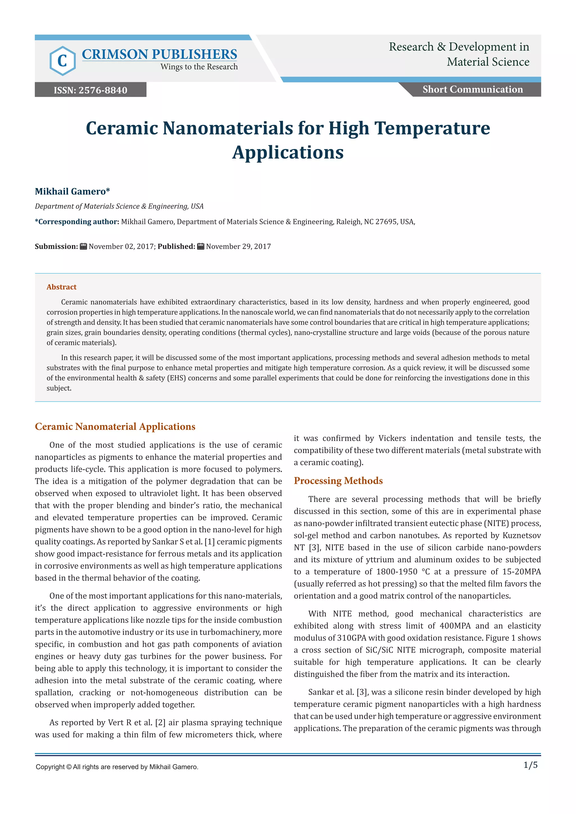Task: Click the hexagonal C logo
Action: pos(62,61)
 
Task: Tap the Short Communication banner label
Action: pos(472,89)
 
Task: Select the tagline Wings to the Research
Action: pos(199,67)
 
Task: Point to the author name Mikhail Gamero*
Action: pos(72,191)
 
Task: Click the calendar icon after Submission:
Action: pos(83,247)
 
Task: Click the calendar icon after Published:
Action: pos(201,247)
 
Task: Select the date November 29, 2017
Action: pos(238,247)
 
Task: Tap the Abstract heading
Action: pos(61,287)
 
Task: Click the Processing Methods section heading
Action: pos(338,480)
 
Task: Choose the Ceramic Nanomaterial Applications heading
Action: pos(115,426)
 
